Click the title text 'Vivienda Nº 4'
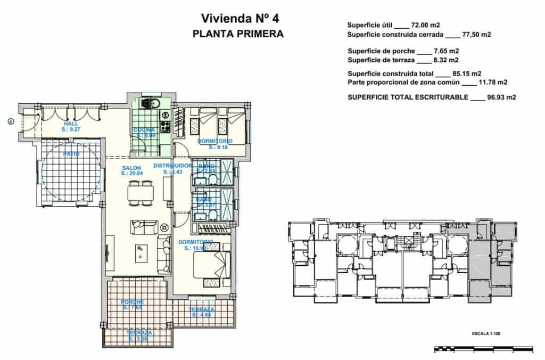click(x=240, y=19)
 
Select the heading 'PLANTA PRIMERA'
click(x=238, y=34)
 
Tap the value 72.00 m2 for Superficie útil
click(x=426, y=25)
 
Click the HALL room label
click(x=70, y=126)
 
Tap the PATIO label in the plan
click(x=71, y=154)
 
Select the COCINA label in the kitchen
click(x=144, y=129)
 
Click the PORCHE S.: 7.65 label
click(x=133, y=305)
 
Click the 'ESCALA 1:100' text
click(x=486, y=334)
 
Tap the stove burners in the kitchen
click(x=165, y=127)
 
